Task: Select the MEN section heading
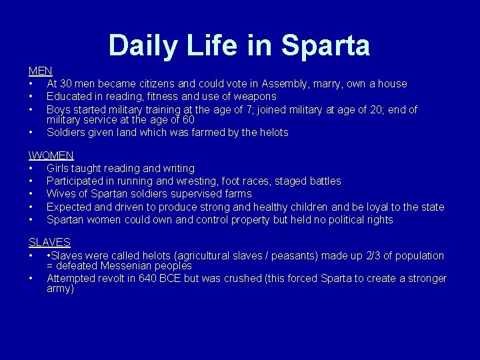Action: (40, 71)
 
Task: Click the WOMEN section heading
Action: (52, 155)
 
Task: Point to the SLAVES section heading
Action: (49, 243)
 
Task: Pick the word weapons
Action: (255, 96)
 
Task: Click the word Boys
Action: (59, 109)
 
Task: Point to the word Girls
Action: (59, 168)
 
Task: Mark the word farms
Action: (237, 193)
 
